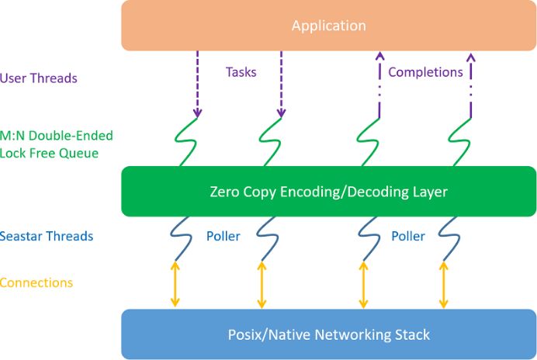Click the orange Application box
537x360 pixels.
pos(328,26)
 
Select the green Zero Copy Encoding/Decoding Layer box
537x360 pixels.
pos(328,191)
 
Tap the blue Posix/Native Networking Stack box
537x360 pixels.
pos(328,334)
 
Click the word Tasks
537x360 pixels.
pos(241,72)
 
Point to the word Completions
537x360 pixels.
pos(425,72)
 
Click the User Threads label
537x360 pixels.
pos(39,78)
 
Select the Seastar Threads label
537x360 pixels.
pos(47,236)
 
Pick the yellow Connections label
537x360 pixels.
pos(36,282)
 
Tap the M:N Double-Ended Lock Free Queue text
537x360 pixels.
pos(57,144)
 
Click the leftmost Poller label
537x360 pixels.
pos(223,236)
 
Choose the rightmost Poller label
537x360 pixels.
pos(407,236)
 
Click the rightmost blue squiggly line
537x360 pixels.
pos(446,237)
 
